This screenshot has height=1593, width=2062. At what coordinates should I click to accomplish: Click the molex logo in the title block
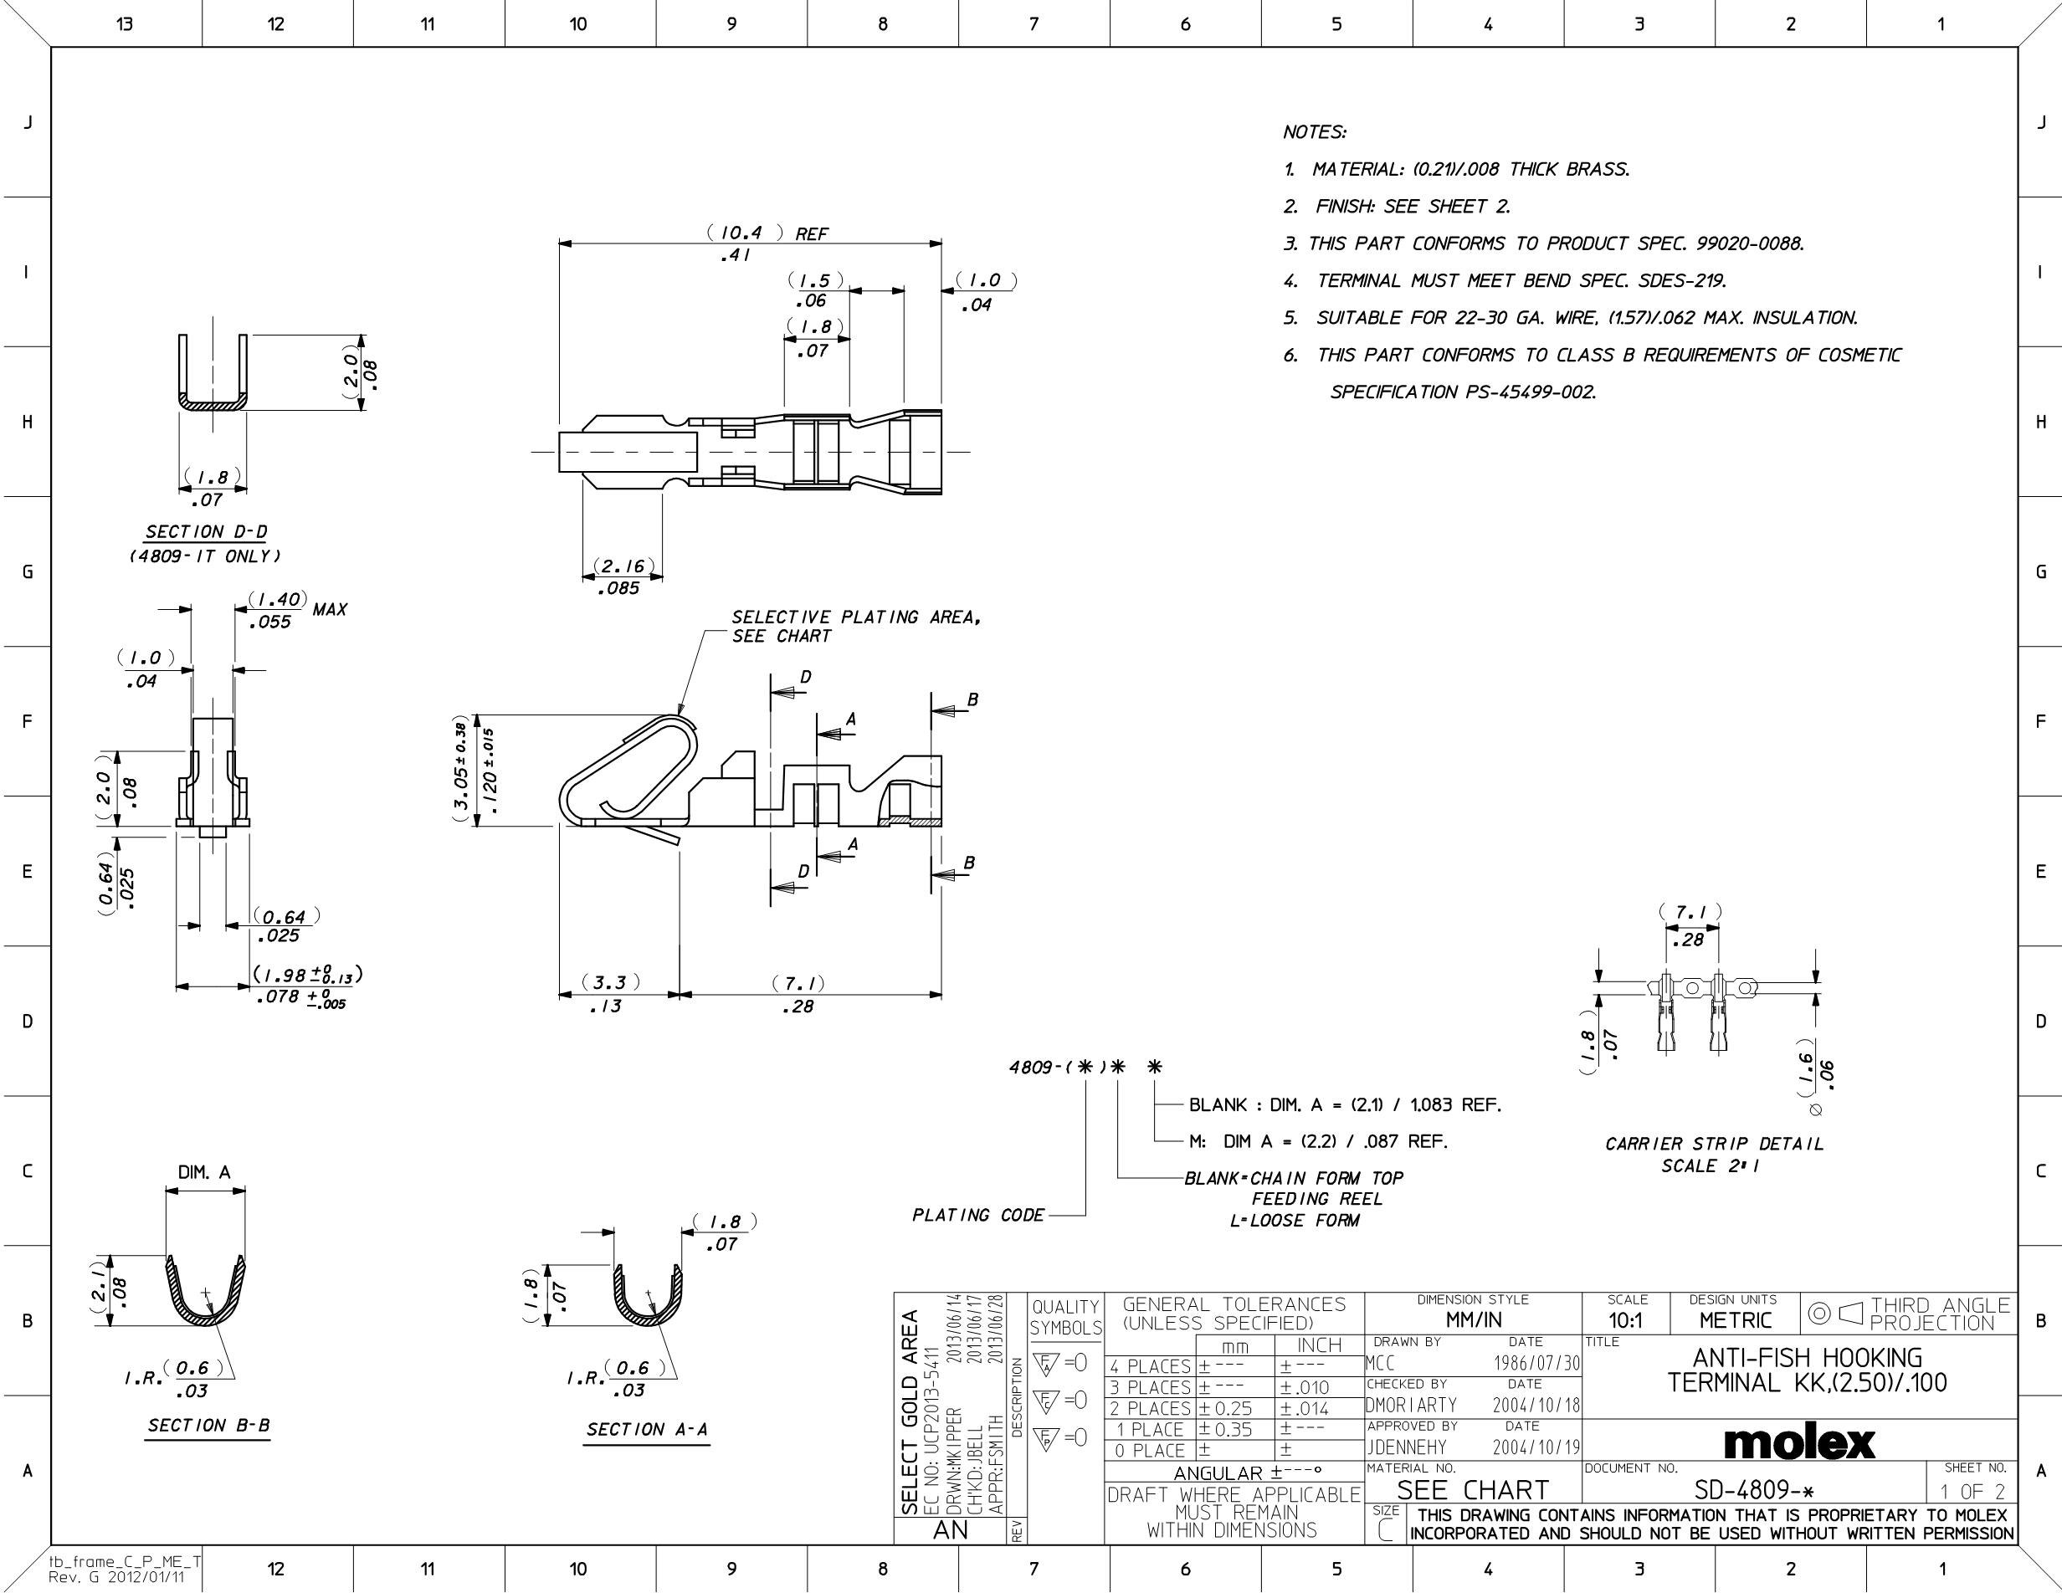pyautogui.click(x=1799, y=1443)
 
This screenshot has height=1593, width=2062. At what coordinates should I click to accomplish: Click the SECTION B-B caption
pyautogui.click(x=208, y=1425)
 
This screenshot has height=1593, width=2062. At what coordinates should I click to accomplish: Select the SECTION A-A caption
pyautogui.click(x=647, y=1430)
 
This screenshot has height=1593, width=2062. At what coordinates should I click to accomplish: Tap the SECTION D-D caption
pyautogui.click(x=206, y=532)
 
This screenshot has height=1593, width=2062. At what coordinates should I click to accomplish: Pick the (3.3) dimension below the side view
pyautogui.click(x=610, y=982)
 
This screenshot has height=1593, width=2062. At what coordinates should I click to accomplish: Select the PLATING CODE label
pyautogui.click(x=978, y=1216)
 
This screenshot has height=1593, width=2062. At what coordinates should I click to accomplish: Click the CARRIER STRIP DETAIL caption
pyautogui.click(x=1715, y=1144)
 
